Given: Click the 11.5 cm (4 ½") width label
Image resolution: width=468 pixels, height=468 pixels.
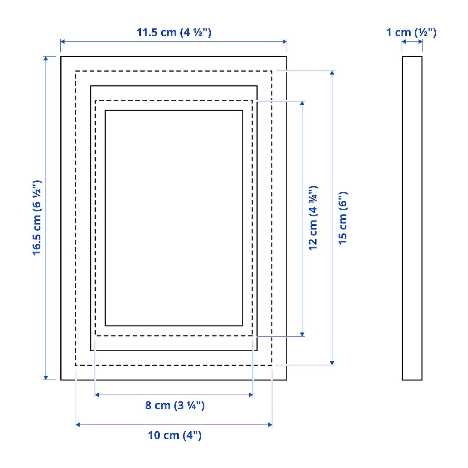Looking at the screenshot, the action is (x=174, y=32).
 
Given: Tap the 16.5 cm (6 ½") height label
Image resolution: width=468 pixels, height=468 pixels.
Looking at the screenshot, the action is (x=37, y=218).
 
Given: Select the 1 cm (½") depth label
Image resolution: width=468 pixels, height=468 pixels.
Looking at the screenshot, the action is (x=411, y=32).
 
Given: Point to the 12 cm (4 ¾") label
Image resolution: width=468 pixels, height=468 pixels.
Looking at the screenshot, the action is (x=313, y=218).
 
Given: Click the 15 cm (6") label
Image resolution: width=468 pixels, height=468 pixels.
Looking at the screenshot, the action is (x=343, y=218).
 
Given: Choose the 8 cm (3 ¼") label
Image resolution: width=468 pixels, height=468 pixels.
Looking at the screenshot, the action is (x=175, y=405).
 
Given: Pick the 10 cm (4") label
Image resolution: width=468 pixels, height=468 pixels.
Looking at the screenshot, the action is (x=175, y=435).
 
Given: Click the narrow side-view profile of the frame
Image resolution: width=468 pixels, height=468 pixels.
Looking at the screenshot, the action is (x=412, y=218).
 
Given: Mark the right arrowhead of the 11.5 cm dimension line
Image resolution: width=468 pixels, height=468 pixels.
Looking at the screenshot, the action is (x=284, y=42).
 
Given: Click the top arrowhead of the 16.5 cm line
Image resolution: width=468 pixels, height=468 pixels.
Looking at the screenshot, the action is (x=46, y=58).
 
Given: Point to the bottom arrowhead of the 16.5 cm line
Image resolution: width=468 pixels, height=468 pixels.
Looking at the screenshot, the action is (x=46, y=377).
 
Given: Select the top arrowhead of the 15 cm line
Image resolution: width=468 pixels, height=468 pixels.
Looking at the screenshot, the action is (x=332, y=73).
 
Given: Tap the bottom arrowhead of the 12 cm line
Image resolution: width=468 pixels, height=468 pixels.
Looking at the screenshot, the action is (x=302, y=334).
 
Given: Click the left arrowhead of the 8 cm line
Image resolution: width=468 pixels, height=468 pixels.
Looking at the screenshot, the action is (x=97, y=395).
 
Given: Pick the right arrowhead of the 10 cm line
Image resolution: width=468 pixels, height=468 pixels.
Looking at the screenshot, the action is (x=270, y=425).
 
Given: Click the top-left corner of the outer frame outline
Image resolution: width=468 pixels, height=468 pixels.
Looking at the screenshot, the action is (x=61, y=56).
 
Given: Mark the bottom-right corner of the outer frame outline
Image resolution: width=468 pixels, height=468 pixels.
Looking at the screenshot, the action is (x=286, y=380).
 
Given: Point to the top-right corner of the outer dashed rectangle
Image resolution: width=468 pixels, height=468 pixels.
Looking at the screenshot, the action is (x=272, y=71).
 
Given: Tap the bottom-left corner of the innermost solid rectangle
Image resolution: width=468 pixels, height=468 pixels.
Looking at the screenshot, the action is (x=105, y=326).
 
